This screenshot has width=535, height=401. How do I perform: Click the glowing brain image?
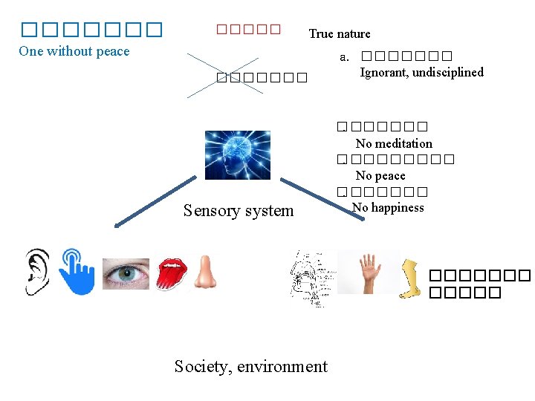point(237,155)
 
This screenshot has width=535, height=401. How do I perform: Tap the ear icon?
point(36,272)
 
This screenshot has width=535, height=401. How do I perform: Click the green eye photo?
point(126,273)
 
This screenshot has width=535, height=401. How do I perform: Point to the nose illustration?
point(205,273)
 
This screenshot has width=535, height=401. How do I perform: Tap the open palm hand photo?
point(368,272)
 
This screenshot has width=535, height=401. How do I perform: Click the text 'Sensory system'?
point(239,211)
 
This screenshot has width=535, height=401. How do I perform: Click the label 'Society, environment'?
point(250,366)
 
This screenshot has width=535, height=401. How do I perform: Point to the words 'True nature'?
point(340,33)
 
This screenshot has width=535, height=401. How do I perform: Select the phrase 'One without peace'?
point(74,51)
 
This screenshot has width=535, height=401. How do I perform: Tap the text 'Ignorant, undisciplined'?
point(421,72)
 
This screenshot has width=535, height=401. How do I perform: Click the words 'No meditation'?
point(394,143)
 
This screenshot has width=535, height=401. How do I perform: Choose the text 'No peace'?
point(380,175)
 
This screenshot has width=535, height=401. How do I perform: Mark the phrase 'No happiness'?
point(388,207)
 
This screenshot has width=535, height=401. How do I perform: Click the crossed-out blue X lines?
point(223,75)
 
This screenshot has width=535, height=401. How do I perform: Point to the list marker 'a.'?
point(344,57)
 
